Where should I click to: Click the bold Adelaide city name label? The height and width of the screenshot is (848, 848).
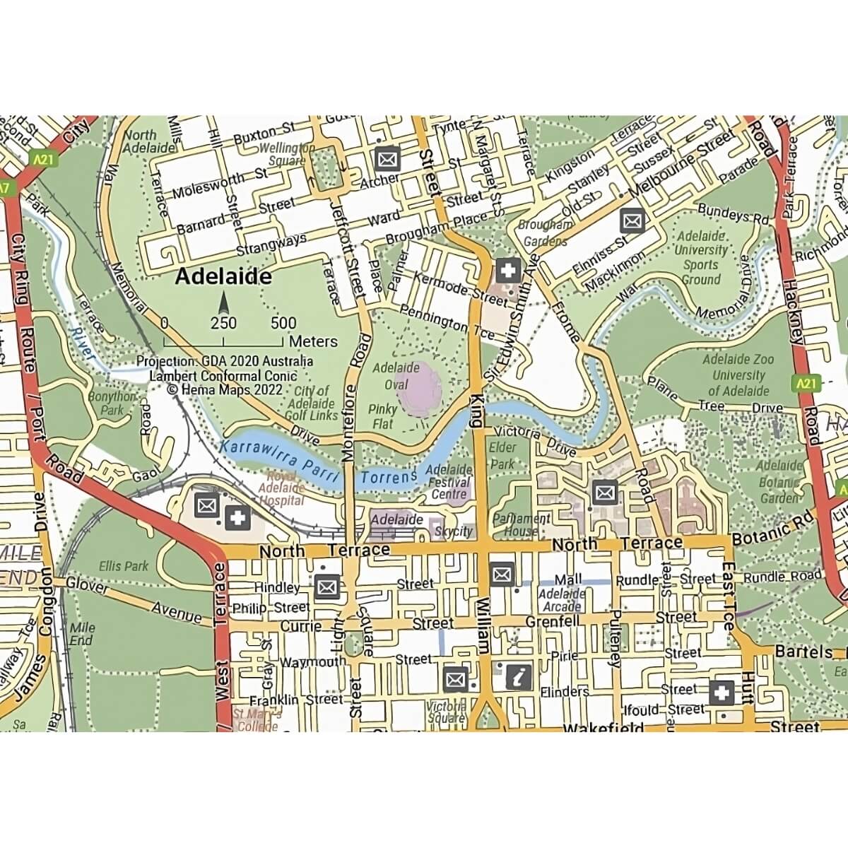click(x=223, y=276)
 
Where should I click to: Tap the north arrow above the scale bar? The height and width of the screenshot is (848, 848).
click(x=224, y=303)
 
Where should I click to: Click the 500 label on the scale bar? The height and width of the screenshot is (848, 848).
click(x=283, y=324)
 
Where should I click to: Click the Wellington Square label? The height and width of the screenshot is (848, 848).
click(x=286, y=154)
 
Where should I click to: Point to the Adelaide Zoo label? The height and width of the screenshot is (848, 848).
click(x=738, y=360)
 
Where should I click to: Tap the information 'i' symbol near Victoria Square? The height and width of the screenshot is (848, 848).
click(x=519, y=677)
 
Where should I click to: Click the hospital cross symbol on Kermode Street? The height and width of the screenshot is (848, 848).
click(x=507, y=269)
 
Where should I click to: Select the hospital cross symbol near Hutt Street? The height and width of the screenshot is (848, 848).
click(x=722, y=693)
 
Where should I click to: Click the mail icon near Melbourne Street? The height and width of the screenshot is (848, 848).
click(x=632, y=221)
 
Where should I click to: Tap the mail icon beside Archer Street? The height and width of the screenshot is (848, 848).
click(x=387, y=159)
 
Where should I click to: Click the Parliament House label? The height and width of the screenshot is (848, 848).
click(x=521, y=524)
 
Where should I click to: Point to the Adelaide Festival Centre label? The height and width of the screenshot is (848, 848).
click(x=449, y=482)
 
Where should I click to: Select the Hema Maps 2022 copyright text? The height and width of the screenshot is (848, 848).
click(x=225, y=389)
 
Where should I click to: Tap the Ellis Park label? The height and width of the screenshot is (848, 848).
click(x=124, y=566)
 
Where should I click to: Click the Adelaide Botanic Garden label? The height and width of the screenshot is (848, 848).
click(x=779, y=482)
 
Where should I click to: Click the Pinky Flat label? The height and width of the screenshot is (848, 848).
click(x=382, y=417)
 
